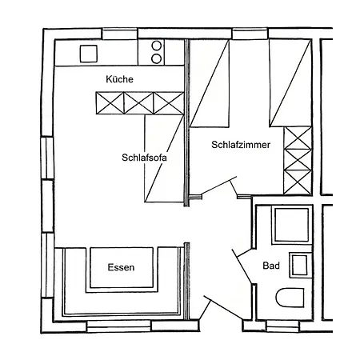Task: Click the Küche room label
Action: (x=119, y=80)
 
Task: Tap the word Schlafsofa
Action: (x=145, y=157)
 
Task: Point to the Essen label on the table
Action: (x=121, y=267)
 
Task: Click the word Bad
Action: (x=270, y=267)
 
